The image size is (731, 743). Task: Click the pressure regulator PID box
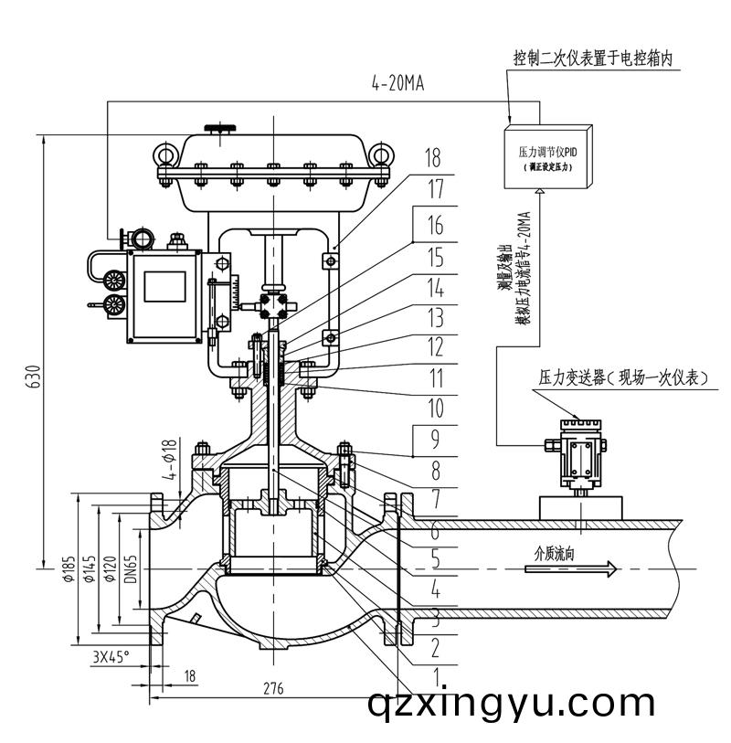click(545, 157)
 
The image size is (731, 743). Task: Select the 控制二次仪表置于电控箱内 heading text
click(604, 58)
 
